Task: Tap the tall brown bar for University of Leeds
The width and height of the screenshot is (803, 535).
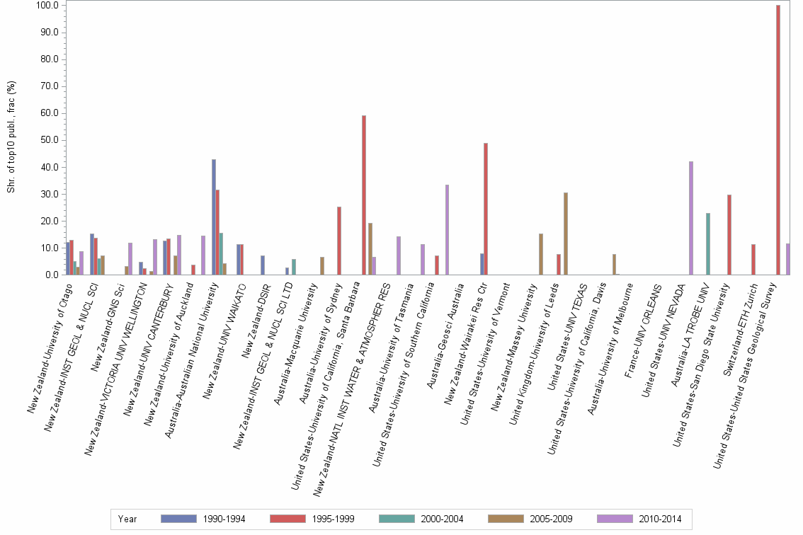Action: coord(566,234)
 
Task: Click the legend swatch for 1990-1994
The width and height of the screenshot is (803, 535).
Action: coord(179,519)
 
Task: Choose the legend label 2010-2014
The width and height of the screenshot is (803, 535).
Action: coord(659,519)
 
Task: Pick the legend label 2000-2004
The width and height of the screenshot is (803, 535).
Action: coord(441,519)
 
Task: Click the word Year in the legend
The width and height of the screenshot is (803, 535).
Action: coord(128,519)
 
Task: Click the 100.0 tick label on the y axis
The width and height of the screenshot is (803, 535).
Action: coord(46,6)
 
